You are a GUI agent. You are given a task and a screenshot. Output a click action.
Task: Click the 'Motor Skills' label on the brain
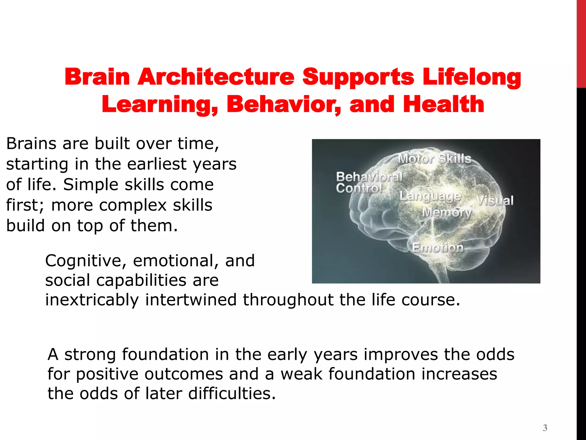pyautogui.click(x=435, y=158)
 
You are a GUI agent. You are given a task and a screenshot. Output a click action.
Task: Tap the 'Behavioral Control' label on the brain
pyautogui.click(x=369, y=182)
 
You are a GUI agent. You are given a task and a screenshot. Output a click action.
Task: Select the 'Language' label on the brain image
pyautogui.click(x=430, y=197)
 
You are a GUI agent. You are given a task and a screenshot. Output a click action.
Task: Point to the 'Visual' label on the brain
pyautogui.click(x=495, y=201)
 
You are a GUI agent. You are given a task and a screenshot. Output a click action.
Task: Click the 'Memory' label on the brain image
pyautogui.click(x=447, y=213)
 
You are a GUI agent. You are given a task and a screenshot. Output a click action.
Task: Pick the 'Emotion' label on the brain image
pyautogui.click(x=438, y=247)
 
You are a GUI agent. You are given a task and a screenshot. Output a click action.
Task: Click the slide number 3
pyautogui.click(x=545, y=428)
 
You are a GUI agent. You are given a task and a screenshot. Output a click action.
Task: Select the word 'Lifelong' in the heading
pyautogui.click(x=472, y=77)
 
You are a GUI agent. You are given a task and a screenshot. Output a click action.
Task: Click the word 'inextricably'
pyautogui.click(x=92, y=300)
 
